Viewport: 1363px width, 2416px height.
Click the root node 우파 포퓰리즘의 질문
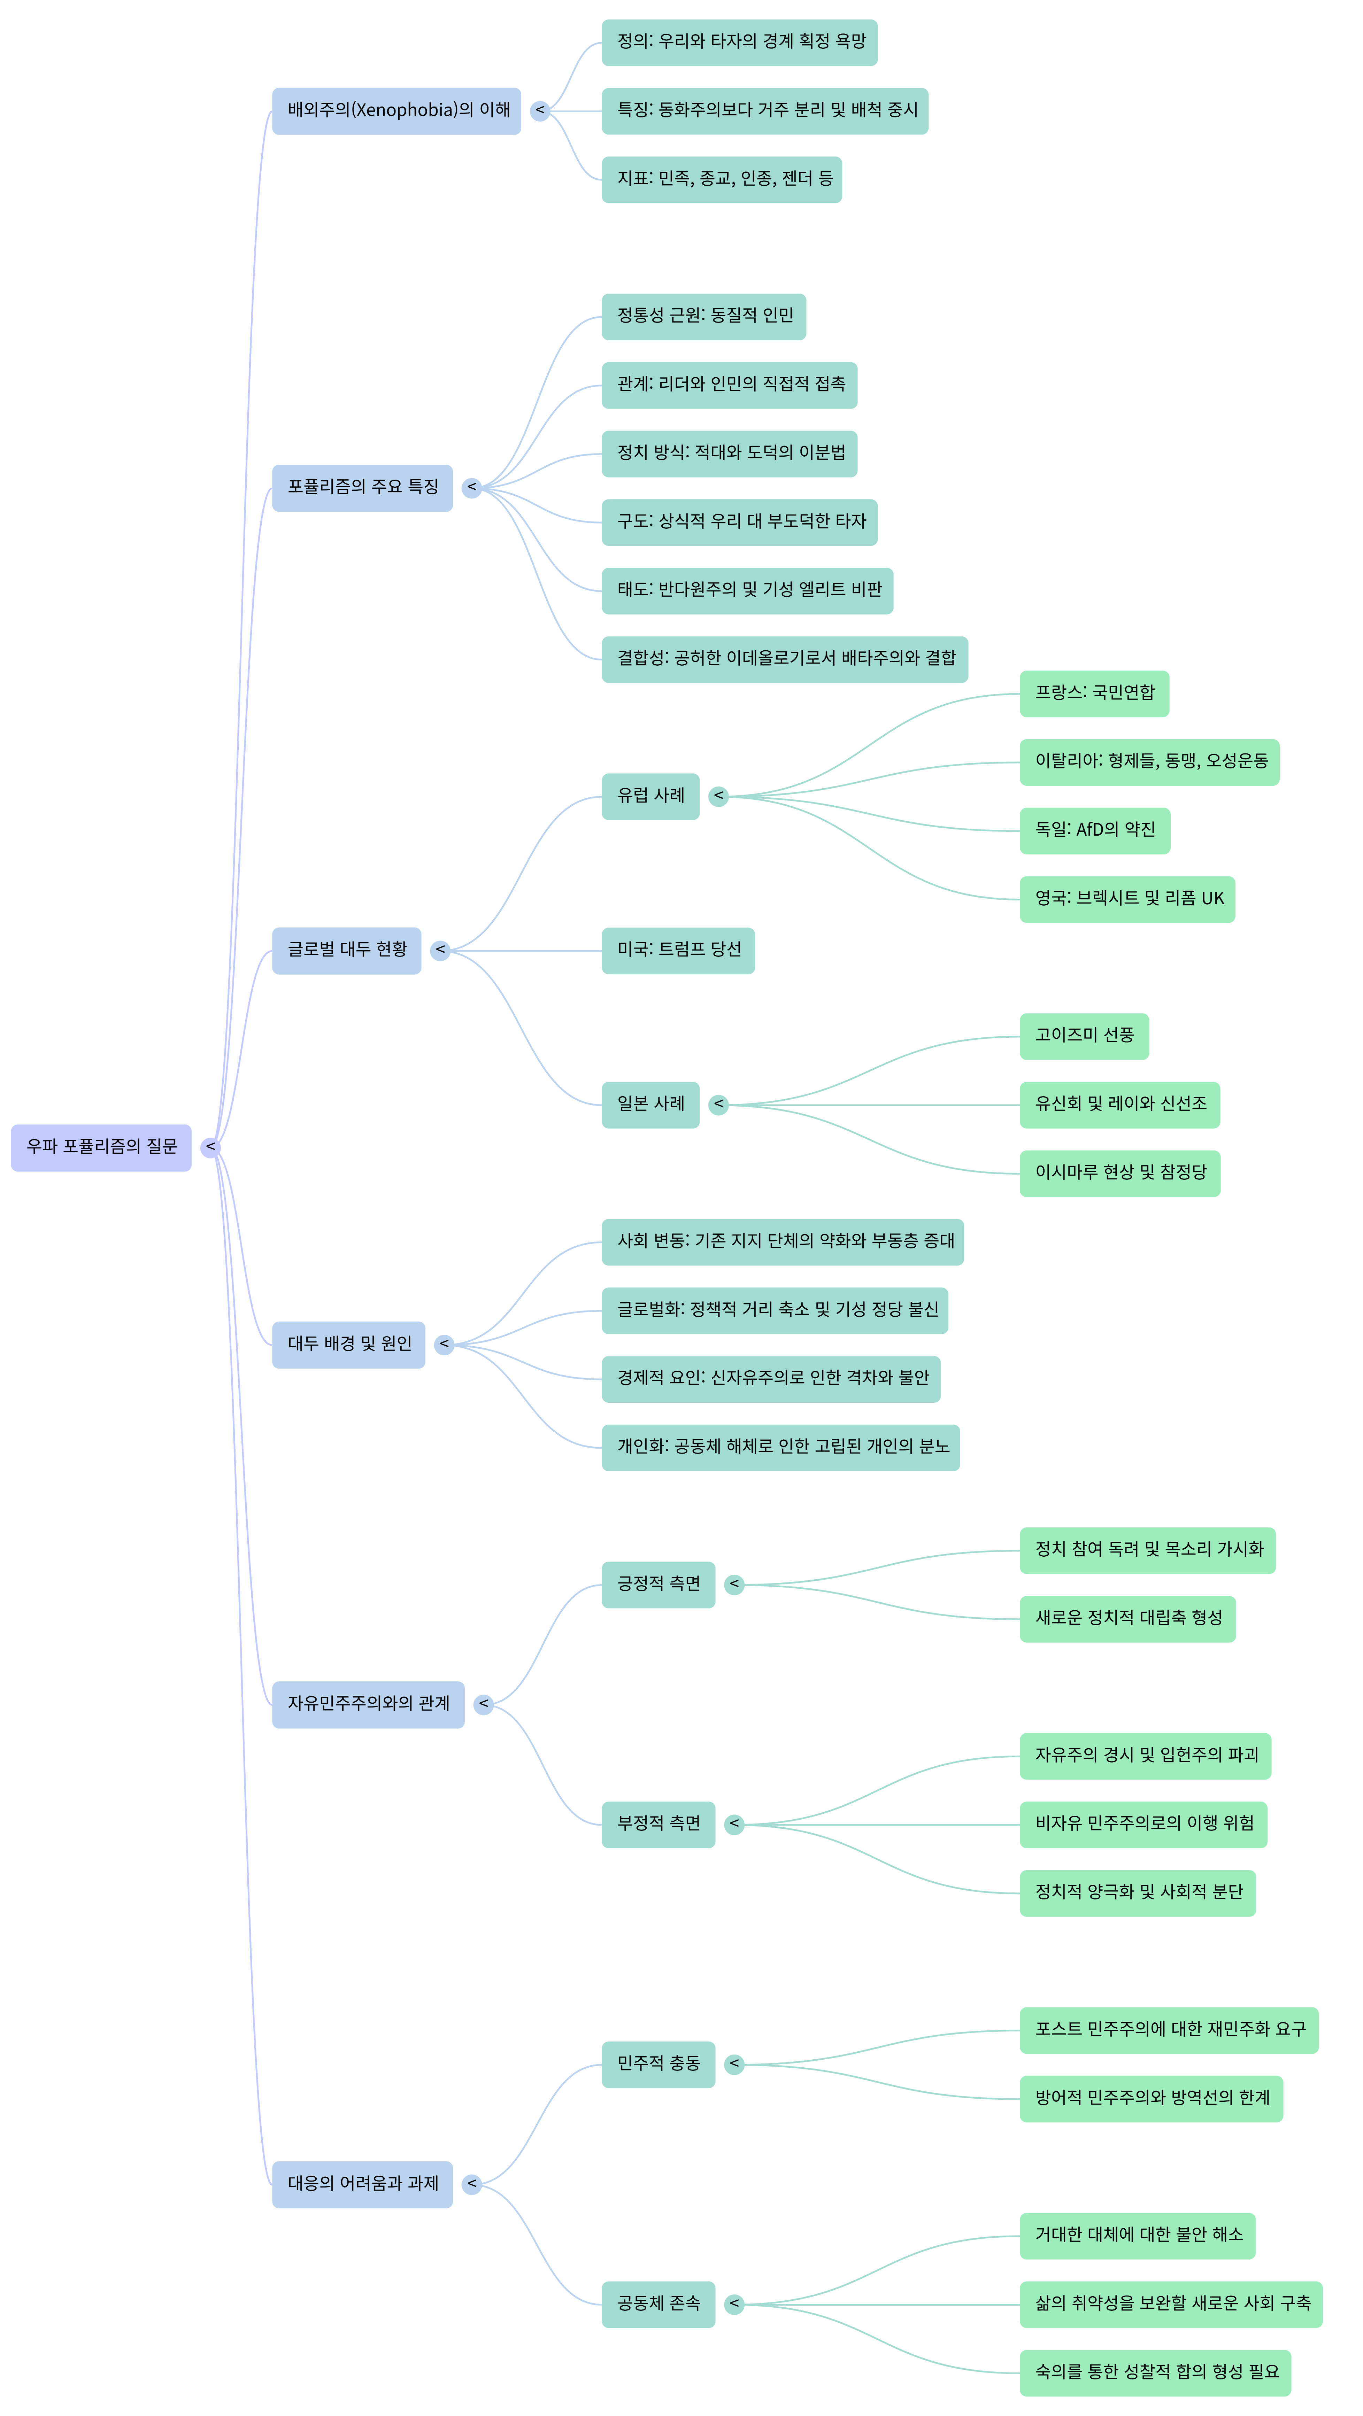coord(101,1147)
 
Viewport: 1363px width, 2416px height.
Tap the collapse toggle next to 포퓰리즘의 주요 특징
coord(472,488)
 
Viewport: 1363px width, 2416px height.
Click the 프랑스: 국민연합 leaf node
coord(1094,693)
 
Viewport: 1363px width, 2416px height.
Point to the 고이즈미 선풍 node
coord(1084,1036)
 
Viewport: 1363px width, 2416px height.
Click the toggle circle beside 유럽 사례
coord(718,796)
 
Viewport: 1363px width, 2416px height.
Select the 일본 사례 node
coord(650,1104)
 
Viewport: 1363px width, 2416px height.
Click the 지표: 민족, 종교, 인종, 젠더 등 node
coord(721,179)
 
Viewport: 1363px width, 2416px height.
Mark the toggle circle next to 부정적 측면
coord(734,1824)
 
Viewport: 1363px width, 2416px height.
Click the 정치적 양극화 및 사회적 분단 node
coord(1137,1893)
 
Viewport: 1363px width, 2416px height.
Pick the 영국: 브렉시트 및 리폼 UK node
coord(1127,898)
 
